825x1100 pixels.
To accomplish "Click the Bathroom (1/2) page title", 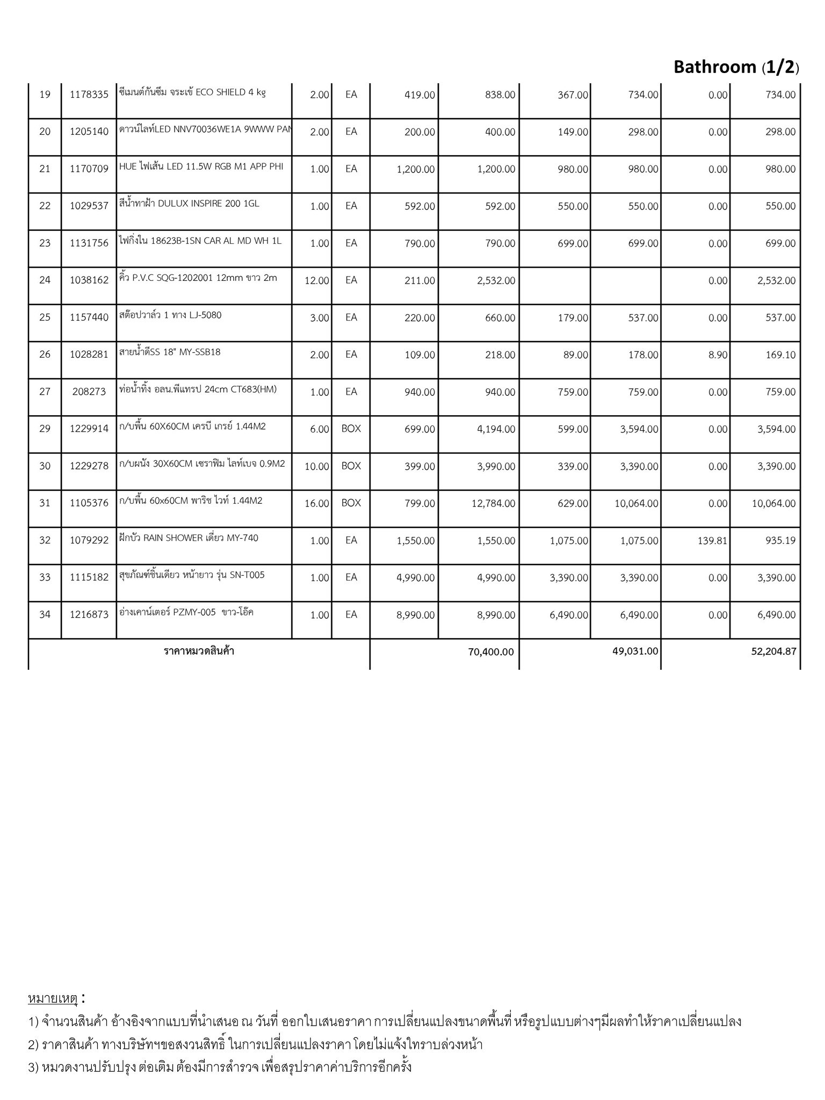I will coord(736,67).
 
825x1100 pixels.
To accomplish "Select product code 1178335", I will coord(89,95).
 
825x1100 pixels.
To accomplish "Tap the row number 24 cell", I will coord(45,280).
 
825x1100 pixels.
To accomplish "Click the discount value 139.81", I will coord(712,541).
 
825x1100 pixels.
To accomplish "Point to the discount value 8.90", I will coord(718,355).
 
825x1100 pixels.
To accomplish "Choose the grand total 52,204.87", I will coord(773,652).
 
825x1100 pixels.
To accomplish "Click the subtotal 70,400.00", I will coord(491,652).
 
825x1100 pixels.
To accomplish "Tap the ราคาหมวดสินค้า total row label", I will coord(199,652).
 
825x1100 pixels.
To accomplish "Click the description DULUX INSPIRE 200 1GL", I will coord(189,204).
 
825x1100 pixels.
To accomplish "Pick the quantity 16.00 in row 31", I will coord(316,504).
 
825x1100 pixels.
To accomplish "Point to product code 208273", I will coord(89,392).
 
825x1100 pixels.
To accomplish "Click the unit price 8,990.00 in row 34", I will coord(415,615).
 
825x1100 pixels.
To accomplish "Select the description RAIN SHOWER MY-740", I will coord(189,538).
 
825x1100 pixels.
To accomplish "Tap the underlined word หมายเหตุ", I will coord(53,998).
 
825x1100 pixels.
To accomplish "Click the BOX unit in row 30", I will coord(351,466).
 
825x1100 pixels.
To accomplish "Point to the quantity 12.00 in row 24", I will coord(316,281).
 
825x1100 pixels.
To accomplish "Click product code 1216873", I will coord(89,614).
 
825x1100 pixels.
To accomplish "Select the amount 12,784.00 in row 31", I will coord(493,504).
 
